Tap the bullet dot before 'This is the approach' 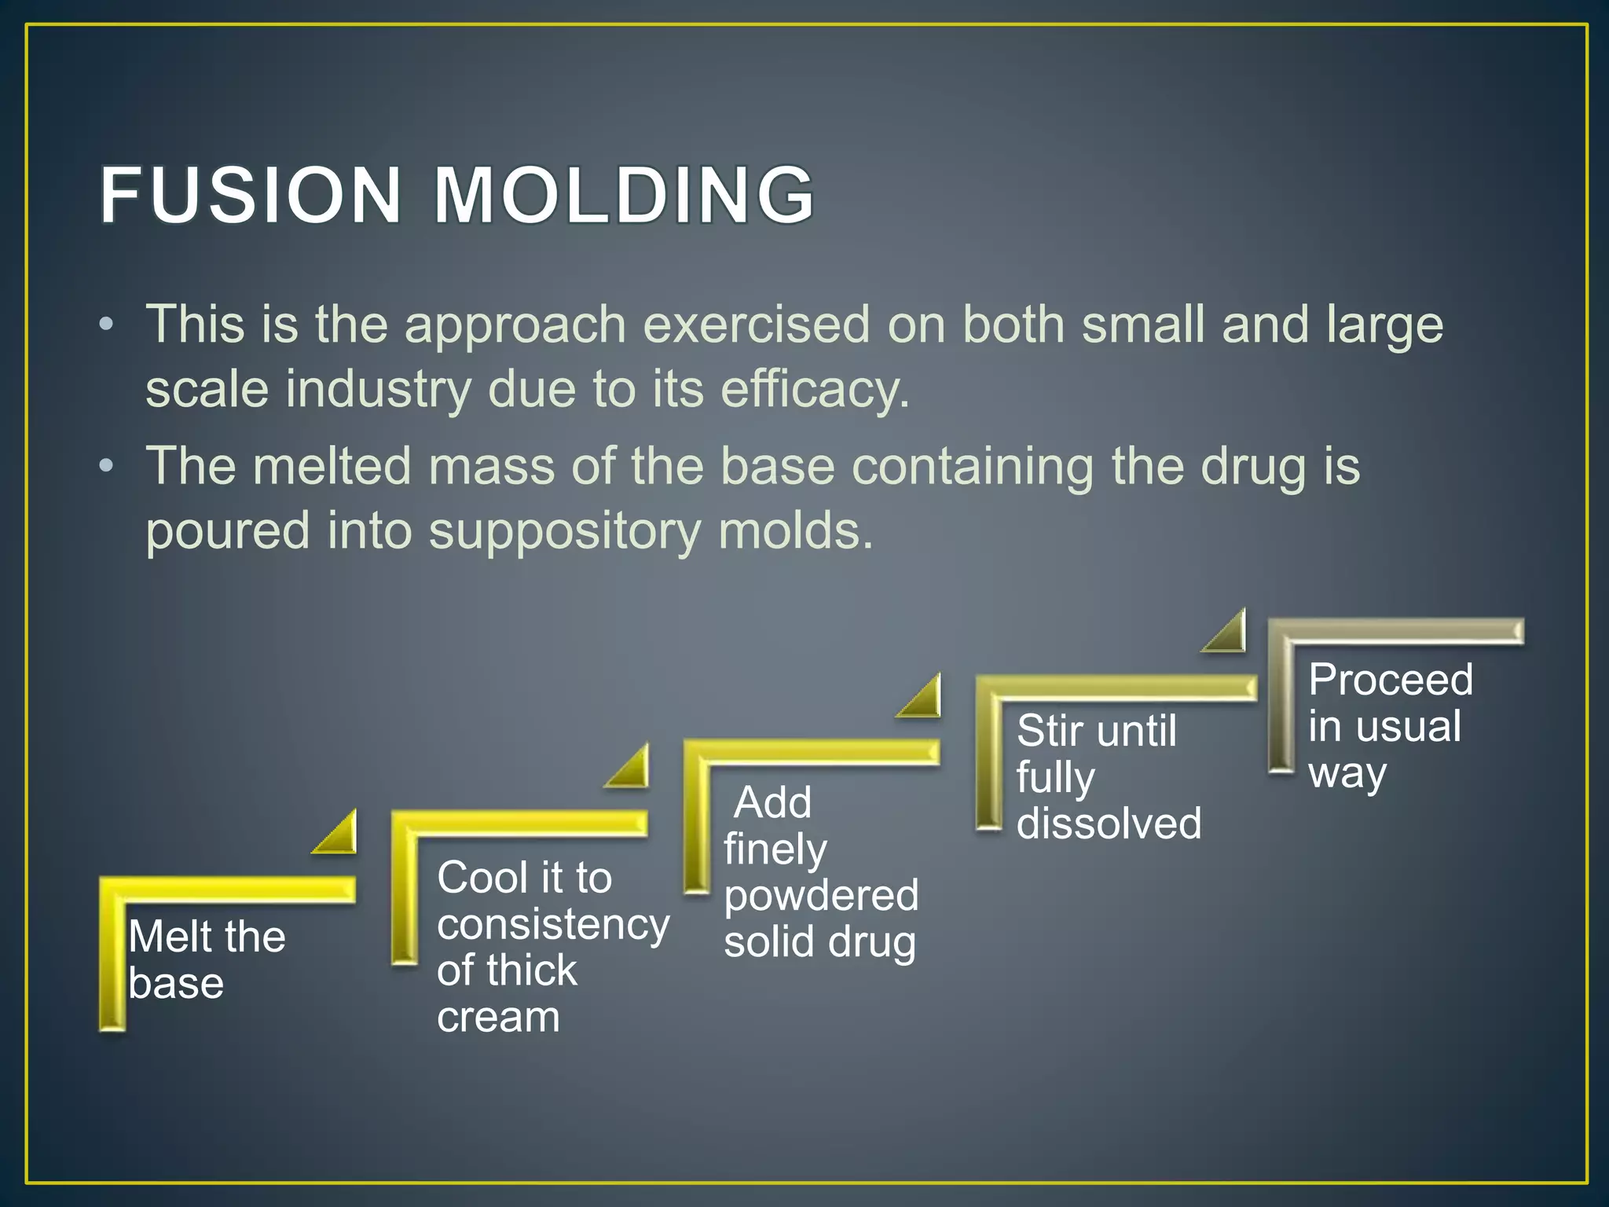point(107,325)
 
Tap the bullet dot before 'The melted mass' point(107,466)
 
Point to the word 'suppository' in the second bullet point(564,531)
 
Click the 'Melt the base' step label point(206,959)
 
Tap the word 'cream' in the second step point(498,1017)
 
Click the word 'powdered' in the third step point(821,896)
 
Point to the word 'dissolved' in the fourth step point(1109,824)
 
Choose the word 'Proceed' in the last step point(1390,679)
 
